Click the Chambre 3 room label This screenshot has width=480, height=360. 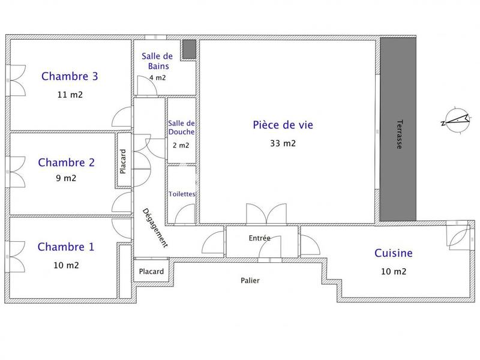coord(70,76)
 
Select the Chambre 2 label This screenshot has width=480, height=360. coord(66,162)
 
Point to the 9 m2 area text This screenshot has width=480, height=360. coord(65,178)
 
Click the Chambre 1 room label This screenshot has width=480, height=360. coord(66,247)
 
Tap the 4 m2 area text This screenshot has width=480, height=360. coord(157,77)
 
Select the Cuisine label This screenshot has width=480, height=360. coord(393,253)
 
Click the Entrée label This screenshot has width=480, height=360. coord(259,238)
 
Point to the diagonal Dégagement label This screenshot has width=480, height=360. coord(155,228)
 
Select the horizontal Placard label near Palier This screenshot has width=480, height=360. coord(151,272)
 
